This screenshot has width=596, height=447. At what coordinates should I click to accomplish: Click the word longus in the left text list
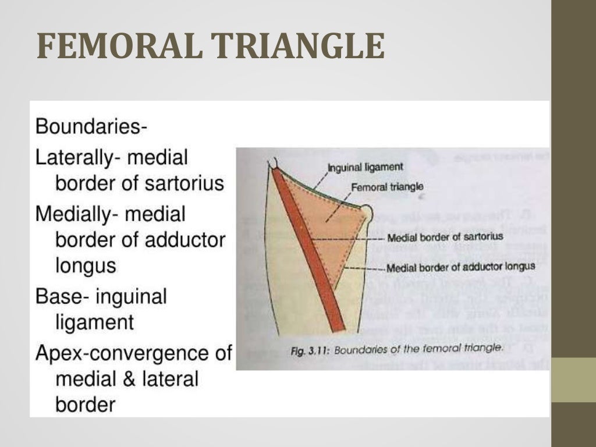86,265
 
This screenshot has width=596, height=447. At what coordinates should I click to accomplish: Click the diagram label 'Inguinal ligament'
365,167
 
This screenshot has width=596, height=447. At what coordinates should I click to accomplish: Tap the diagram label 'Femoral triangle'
387,187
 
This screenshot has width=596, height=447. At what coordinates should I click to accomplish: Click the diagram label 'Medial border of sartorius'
445,237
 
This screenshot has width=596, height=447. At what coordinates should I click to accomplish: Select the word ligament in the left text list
94,322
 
